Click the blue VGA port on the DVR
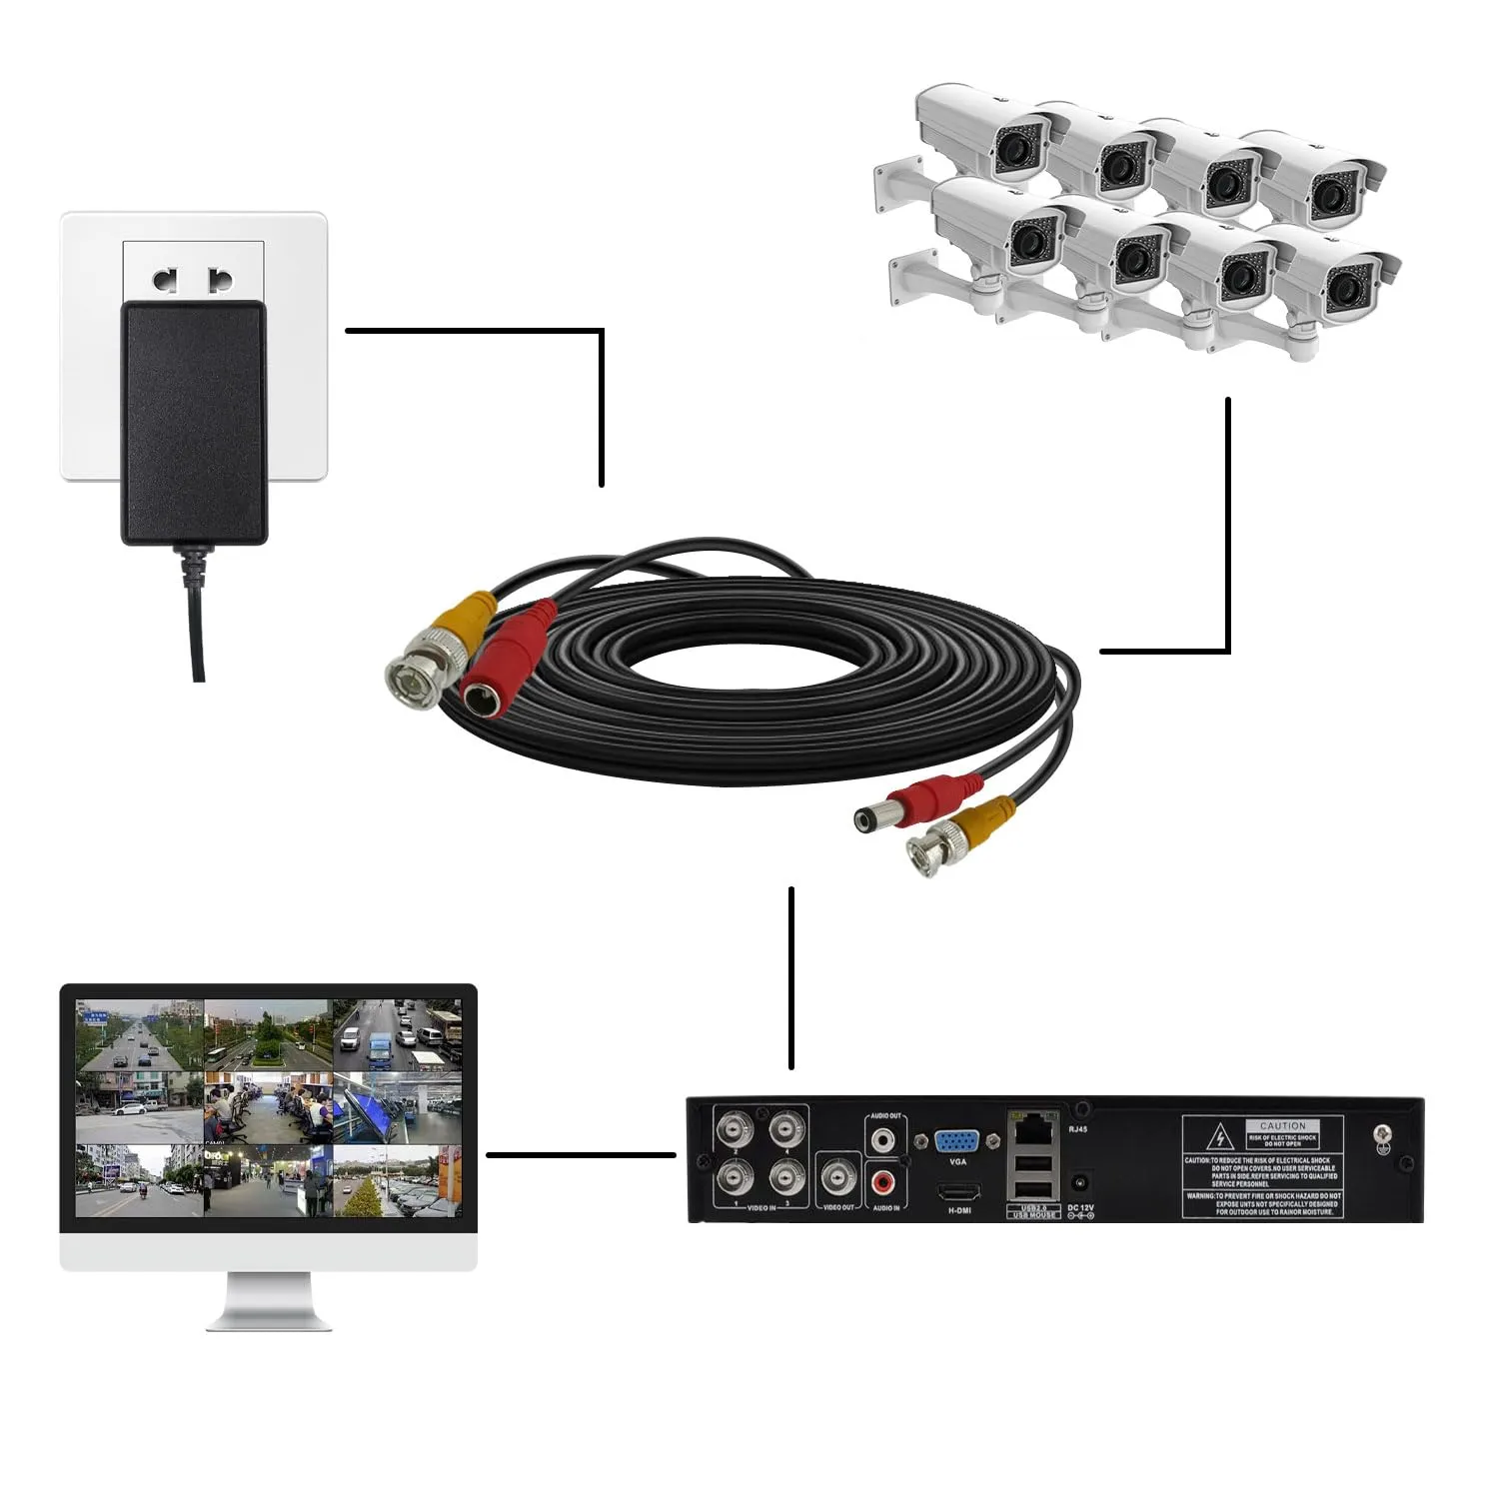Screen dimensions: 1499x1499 [956, 1142]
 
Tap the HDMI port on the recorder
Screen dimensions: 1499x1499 [958, 1192]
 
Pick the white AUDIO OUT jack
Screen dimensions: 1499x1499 [884, 1139]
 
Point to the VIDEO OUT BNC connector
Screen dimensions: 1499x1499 [839, 1179]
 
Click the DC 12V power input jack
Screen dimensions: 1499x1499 [1079, 1184]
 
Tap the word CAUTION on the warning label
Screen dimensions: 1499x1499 [1282, 1125]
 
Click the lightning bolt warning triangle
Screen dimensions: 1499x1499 [1219, 1138]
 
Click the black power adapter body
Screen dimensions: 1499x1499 [194, 420]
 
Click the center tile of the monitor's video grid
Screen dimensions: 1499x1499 [268, 1108]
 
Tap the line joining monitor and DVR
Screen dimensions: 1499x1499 [580, 1155]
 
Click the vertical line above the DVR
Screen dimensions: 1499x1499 [791, 977]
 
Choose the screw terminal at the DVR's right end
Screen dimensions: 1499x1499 [1384, 1135]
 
